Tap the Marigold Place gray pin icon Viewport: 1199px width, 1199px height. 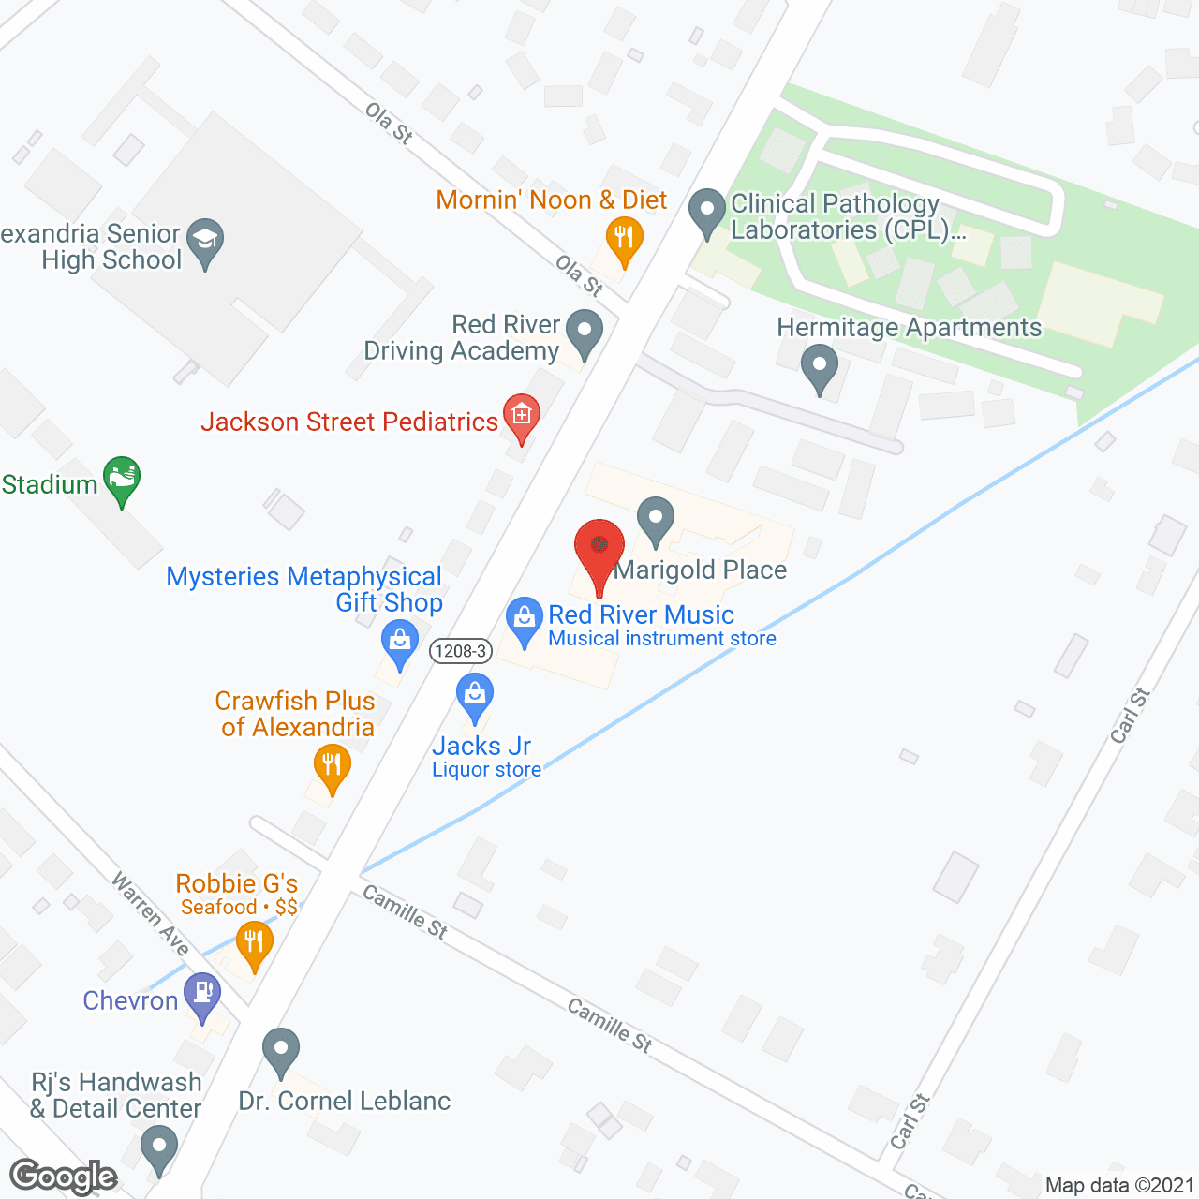[x=656, y=518]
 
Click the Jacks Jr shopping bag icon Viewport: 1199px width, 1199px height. [x=475, y=696]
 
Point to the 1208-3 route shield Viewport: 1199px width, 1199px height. [x=461, y=651]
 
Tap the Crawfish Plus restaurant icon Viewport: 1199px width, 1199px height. [x=332, y=767]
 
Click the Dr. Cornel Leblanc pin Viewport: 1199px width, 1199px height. [x=280, y=1050]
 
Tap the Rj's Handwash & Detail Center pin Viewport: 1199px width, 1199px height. [x=158, y=1147]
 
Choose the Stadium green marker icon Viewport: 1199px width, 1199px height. [x=122, y=479]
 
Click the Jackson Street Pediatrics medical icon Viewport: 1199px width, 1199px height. [x=522, y=416]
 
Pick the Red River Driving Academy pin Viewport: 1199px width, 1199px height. [x=585, y=333]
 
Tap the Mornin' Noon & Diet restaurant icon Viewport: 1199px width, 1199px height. [x=624, y=238]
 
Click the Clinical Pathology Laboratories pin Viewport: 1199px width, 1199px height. [x=707, y=212]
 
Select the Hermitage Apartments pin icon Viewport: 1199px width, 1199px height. [x=820, y=366]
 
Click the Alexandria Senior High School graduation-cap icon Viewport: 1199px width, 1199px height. [x=205, y=241]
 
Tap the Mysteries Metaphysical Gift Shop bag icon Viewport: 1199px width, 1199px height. [x=400, y=644]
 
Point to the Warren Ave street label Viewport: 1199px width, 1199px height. [x=151, y=913]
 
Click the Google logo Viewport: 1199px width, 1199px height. [x=64, y=1177]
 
